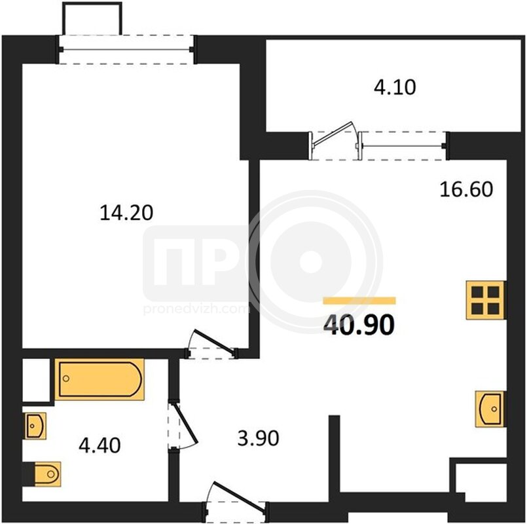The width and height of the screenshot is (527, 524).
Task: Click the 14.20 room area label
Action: (x=126, y=213)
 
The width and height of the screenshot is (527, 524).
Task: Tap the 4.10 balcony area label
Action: (x=395, y=87)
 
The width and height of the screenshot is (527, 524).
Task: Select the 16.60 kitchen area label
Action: (x=466, y=189)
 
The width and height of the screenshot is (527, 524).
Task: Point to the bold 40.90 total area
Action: (x=359, y=326)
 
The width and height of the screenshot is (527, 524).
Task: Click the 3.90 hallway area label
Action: (x=258, y=438)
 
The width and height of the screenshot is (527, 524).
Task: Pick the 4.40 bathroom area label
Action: (x=100, y=445)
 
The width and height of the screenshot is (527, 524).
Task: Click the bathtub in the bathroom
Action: (x=100, y=379)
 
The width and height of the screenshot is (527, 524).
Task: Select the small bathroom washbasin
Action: (x=35, y=426)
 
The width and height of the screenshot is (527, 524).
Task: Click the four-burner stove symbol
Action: (x=486, y=300)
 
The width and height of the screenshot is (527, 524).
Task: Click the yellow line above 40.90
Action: (x=359, y=301)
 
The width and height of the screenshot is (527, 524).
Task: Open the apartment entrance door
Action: (x=240, y=496)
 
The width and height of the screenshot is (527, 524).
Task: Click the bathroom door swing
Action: (x=184, y=423)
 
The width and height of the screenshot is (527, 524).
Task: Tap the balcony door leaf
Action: (x=333, y=134)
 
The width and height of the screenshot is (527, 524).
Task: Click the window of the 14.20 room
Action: (x=126, y=49)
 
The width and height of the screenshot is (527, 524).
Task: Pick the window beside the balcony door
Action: (x=404, y=146)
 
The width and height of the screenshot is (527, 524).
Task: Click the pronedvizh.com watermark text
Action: (x=196, y=309)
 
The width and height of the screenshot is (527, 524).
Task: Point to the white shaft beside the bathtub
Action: (x=36, y=380)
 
